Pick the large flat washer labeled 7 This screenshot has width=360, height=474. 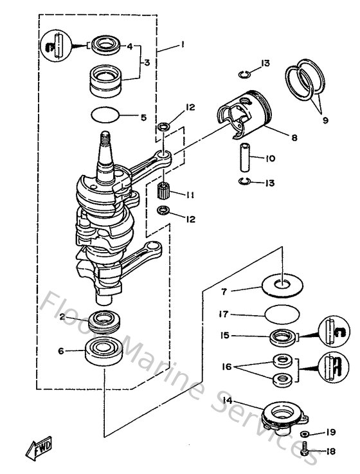281,283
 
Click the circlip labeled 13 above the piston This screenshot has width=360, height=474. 245,73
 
